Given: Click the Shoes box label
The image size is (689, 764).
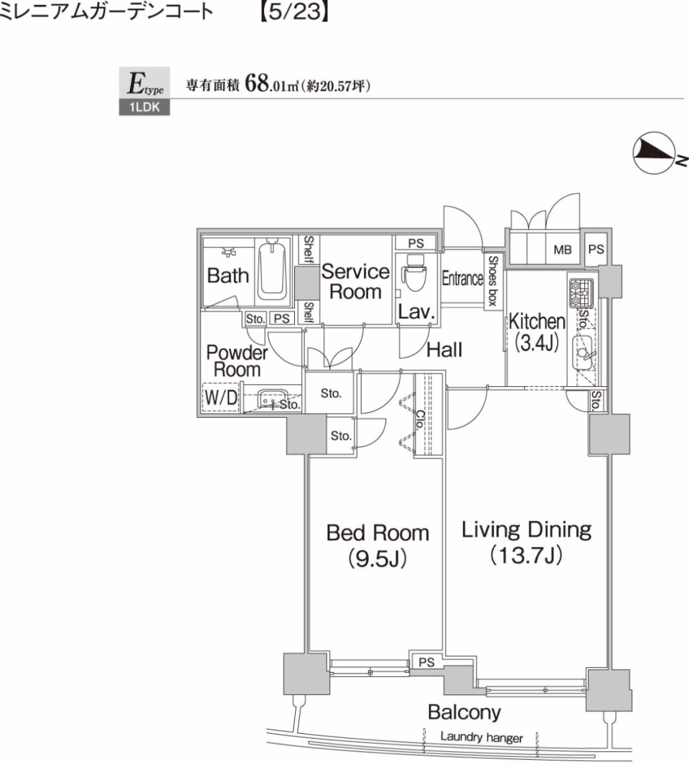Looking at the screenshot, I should (493, 281).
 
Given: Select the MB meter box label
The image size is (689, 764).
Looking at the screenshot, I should (563, 250).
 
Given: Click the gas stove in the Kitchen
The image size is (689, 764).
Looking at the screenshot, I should (579, 294).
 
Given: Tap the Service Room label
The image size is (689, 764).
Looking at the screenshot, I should (355, 281).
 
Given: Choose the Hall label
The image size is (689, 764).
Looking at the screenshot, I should (444, 350).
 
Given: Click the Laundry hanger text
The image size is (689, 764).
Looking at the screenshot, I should (481, 737).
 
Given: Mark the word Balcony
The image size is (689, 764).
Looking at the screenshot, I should (464, 712).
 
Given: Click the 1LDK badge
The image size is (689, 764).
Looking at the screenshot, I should (145, 108).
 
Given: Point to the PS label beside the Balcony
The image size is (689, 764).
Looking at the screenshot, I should (426, 662).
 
